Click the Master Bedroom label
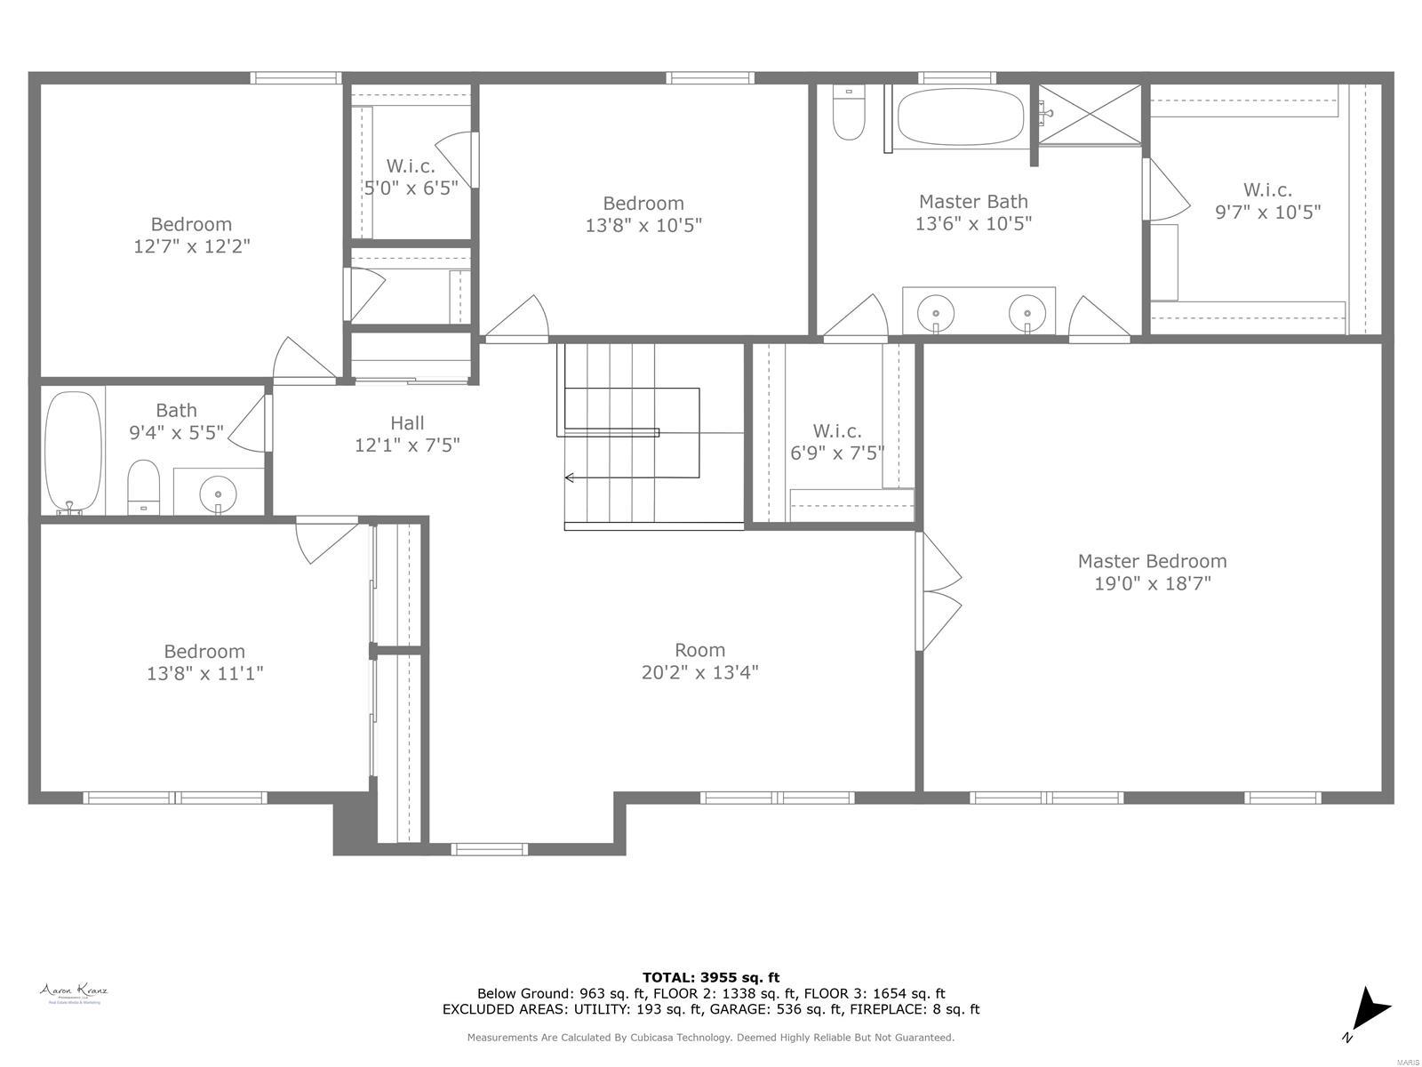click(1152, 561)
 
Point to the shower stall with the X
click(1090, 114)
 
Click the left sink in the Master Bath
click(935, 313)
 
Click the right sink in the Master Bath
click(1027, 313)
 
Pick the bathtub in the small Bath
click(74, 451)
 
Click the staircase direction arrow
click(570, 478)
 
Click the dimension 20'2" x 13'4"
click(699, 672)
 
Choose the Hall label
click(407, 423)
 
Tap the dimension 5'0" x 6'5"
click(411, 188)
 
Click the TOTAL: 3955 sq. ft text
click(711, 977)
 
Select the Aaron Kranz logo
click(73, 992)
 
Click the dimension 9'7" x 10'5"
click(1267, 212)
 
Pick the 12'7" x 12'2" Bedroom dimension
click(191, 246)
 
